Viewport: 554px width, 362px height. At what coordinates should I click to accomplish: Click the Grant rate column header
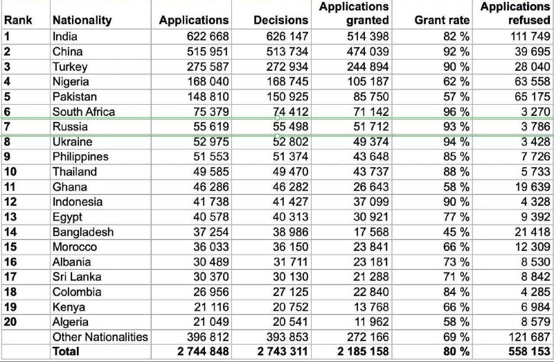(x=442, y=20)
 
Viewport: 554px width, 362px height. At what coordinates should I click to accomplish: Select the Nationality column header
(x=82, y=21)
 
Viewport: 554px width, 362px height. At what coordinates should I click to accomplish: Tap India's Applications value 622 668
(x=208, y=36)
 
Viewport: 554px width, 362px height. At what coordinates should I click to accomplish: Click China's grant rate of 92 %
(x=456, y=51)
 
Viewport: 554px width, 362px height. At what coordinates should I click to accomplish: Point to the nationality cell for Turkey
(x=70, y=67)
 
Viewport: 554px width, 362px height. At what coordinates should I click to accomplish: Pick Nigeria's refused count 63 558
(x=533, y=81)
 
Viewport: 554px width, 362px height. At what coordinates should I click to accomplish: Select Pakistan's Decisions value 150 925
(x=287, y=96)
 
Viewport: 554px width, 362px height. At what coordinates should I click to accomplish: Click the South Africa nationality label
(x=84, y=112)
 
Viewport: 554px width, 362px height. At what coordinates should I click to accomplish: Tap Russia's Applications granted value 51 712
(x=371, y=126)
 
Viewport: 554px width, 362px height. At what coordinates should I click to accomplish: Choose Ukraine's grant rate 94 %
(x=456, y=141)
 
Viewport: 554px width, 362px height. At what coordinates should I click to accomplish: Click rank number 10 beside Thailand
(x=10, y=171)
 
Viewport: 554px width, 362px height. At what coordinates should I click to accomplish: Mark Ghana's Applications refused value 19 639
(x=533, y=187)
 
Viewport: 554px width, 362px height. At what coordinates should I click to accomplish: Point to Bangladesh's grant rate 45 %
(x=456, y=232)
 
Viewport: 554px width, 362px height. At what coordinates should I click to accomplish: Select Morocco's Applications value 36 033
(x=211, y=247)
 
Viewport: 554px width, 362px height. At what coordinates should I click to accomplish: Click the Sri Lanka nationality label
(x=77, y=277)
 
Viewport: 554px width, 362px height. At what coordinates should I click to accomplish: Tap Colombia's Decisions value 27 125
(x=290, y=291)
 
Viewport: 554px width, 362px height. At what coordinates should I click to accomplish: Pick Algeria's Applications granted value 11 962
(x=371, y=322)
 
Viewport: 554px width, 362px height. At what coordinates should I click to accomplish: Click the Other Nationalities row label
(x=100, y=336)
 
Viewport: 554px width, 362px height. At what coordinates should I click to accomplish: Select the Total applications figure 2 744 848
(x=203, y=352)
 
